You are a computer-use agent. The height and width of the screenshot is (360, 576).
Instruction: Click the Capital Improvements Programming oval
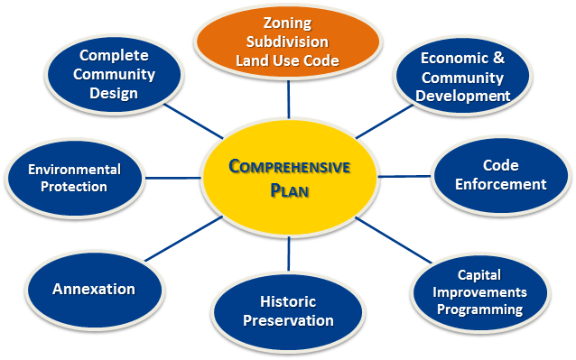[x=478, y=291]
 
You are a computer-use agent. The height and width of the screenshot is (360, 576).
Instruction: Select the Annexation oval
[x=94, y=290]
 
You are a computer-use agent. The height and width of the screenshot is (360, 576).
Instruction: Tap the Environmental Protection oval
[x=74, y=178]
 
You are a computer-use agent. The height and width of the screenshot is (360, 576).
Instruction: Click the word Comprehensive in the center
[x=289, y=167]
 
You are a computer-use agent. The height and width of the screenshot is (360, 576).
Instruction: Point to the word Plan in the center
[x=289, y=189]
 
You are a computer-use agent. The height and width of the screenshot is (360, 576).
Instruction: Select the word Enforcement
[x=502, y=184]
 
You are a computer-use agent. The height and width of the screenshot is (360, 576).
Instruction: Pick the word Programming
[x=479, y=309]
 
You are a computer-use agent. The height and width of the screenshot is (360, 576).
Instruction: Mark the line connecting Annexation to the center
[x=188, y=236]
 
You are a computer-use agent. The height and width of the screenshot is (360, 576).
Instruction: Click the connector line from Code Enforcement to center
[x=405, y=175]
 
